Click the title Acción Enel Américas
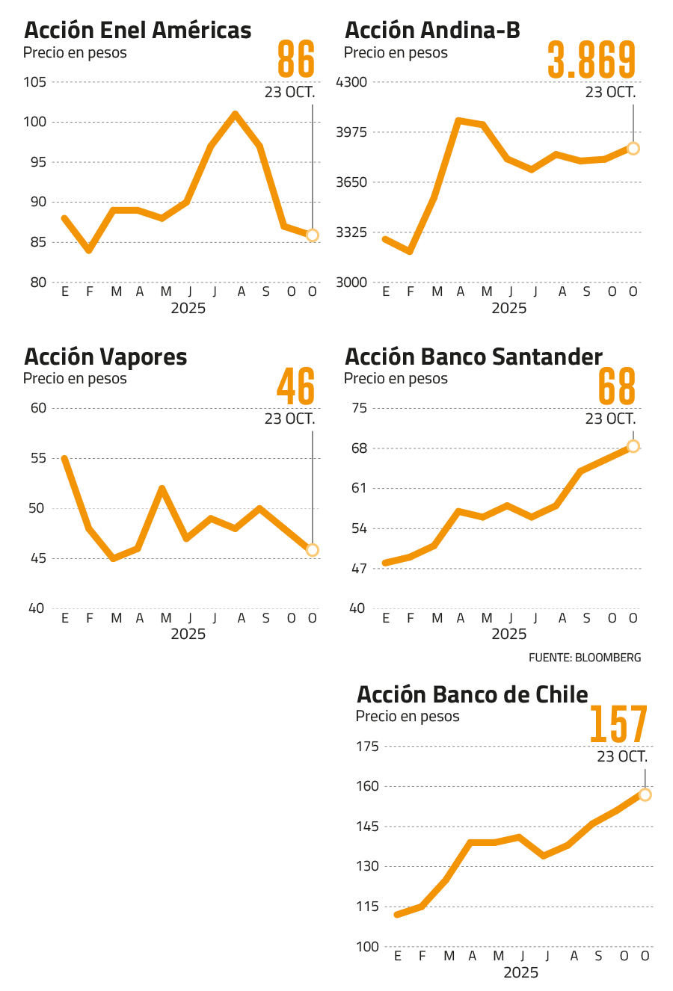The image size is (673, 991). (x=138, y=31)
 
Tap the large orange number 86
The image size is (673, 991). (x=296, y=61)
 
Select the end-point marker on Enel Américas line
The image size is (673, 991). (x=313, y=235)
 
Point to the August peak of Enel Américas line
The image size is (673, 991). (x=236, y=114)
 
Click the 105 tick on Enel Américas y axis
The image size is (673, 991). (x=35, y=82)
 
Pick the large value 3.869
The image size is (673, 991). (x=591, y=61)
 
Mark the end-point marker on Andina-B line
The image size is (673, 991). (x=633, y=148)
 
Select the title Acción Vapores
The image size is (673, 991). (x=105, y=356)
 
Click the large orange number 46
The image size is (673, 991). (x=296, y=386)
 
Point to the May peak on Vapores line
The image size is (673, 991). (x=162, y=487)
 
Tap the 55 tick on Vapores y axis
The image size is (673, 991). (x=38, y=458)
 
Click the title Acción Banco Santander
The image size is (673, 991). (x=473, y=356)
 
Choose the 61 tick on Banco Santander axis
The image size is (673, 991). (x=359, y=489)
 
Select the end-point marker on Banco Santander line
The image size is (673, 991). (x=633, y=446)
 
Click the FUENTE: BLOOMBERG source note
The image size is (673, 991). (x=585, y=658)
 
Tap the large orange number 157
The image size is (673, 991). (x=618, y=724)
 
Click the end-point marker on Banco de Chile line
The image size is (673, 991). (x=645, y=794)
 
